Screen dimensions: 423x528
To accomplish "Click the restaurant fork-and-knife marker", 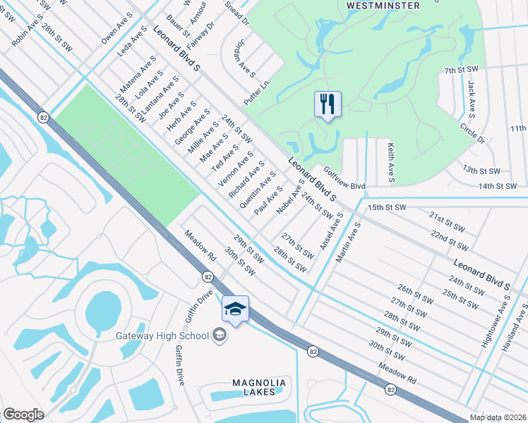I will pyautogui.click(x=328, y=104).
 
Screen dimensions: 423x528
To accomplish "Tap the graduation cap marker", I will pyautogui.click(x=236, y=309).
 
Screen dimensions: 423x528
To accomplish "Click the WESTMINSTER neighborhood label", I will pyautogui.click(x=383, y=6).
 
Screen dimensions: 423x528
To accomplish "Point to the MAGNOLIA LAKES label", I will pyautogui.click(x=259, y=388).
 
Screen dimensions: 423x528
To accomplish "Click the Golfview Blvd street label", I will pyautogui.click(x=344, y=180).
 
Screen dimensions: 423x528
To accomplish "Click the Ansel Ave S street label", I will pyautogui.click(x=330, y=231).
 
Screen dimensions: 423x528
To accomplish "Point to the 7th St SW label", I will pyautogui.click(x=462, y=71).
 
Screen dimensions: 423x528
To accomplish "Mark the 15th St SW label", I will pyautogui.click(x=387, y=207).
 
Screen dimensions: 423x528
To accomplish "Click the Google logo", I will pyautogui.click(x=23, y=414).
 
